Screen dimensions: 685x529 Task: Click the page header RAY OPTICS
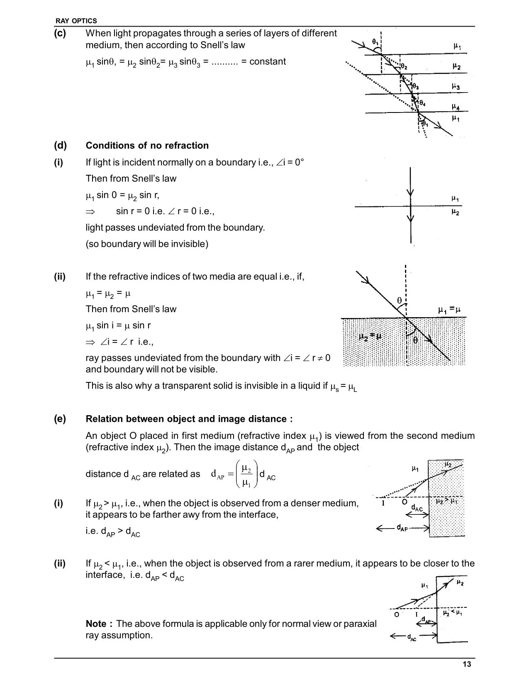[x=76, y=21]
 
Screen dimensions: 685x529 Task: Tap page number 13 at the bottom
[x=467, y=664]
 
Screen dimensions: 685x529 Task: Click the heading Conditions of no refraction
[x=147, y=146]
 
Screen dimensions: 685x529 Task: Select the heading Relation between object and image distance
[x=189, y=419]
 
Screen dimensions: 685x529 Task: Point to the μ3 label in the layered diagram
[x=456, y=87]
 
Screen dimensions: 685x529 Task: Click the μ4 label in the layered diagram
[x=456, y=107]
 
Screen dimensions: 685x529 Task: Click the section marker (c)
[x=60, y=34]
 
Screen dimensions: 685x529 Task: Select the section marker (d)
[x=60, y=146]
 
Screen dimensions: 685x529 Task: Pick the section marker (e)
[x=60, y=419]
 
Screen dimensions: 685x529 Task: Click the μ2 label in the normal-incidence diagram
[x=455, y=213]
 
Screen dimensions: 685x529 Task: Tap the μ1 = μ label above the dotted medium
[x=449, y=310]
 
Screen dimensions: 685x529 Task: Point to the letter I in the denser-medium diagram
[x=384, y=503]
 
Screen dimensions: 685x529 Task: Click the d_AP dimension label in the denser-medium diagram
[x=402, y=528]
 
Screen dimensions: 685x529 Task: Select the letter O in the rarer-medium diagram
[x=397, y=614]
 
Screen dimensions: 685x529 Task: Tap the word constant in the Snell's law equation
[x=268, y=62]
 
